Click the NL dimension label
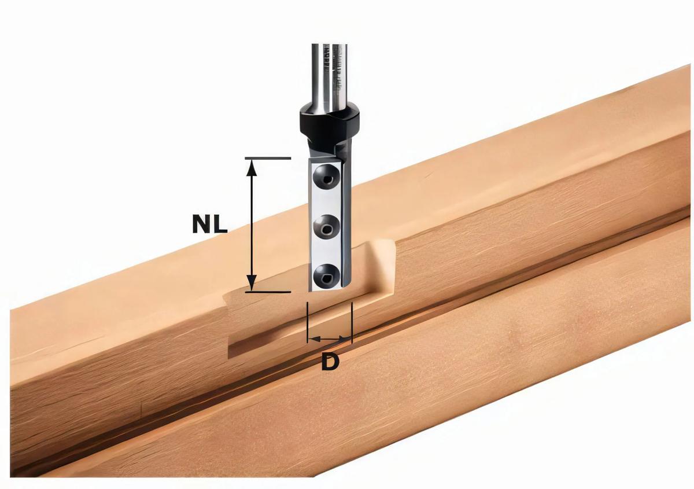coord(209,224)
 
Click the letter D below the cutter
coord(330,362)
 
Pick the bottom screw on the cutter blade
coord(326,275)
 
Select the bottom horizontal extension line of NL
coord(266,292)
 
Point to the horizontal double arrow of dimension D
coord(330,339)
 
